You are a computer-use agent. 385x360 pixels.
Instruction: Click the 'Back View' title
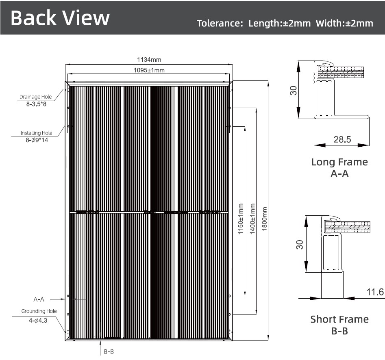[60, 17]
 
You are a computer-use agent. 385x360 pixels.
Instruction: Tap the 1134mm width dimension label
[149, 60]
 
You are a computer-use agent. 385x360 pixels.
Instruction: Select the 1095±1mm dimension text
[149, 70]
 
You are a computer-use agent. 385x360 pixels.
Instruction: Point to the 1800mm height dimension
[264, 219]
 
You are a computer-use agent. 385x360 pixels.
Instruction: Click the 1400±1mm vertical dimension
[252, 219]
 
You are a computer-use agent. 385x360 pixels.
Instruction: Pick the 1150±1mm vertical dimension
[241, 219]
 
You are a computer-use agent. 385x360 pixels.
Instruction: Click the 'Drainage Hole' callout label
[36, 97]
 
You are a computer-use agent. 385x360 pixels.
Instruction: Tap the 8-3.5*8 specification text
[36, 104]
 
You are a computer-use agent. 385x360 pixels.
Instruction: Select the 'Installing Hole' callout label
[36, 133]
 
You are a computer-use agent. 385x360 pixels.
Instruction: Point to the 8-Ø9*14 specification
[37, 140]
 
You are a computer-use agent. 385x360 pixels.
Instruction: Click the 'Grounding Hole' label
[39, 311]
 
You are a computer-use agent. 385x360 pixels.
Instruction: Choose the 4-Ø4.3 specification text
[38, 321]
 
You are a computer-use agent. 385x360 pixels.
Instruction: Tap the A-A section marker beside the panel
[39, 299]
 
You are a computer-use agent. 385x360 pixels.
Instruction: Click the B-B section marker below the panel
[109, 351]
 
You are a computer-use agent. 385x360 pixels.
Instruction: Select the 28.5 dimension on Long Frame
[342, 139]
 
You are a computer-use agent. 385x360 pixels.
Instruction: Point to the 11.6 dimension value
[375, 292]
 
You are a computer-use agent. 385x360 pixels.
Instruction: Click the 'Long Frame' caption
[339, 162]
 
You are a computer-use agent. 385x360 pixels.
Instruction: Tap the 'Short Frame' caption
[339, 319]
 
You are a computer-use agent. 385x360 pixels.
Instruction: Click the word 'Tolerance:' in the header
[220, 23]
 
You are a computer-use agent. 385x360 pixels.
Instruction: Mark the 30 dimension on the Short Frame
[300, 245]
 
